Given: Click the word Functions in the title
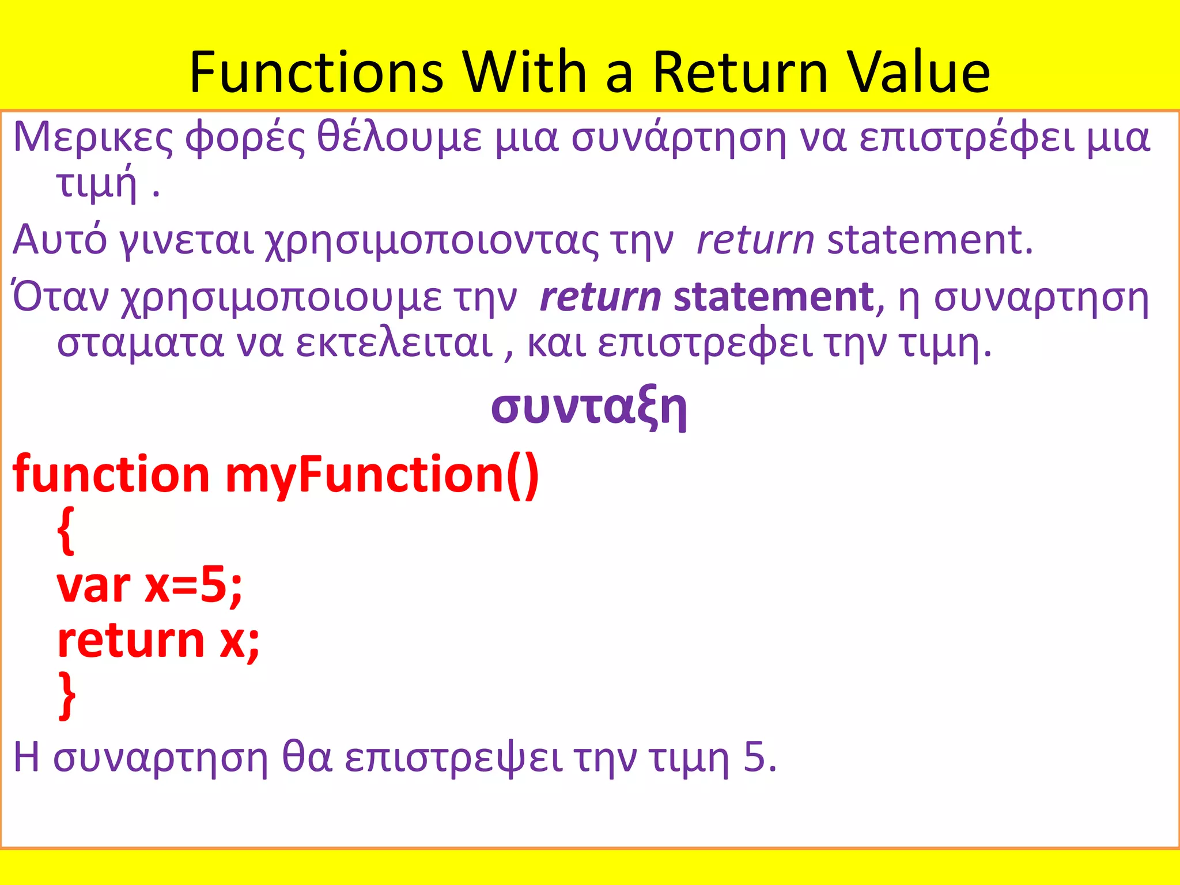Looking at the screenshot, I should tap(316, 72).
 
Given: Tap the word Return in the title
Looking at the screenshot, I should tap(740, 72).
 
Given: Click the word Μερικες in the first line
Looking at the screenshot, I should tap(92, 138).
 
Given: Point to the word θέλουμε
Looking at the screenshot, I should tap(399, 138).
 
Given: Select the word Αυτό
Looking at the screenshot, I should tap(59, 239).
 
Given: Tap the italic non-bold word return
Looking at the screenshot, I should tap(755, 240).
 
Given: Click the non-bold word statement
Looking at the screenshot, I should tap(929, 239).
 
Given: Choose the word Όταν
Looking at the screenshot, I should tap(60, 297).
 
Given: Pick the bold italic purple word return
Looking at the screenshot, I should tap(600, 298).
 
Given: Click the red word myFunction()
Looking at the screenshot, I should tap(381, 475).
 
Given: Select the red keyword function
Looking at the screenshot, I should tap(111, 475).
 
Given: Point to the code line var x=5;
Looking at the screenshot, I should tap(150, 586).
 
